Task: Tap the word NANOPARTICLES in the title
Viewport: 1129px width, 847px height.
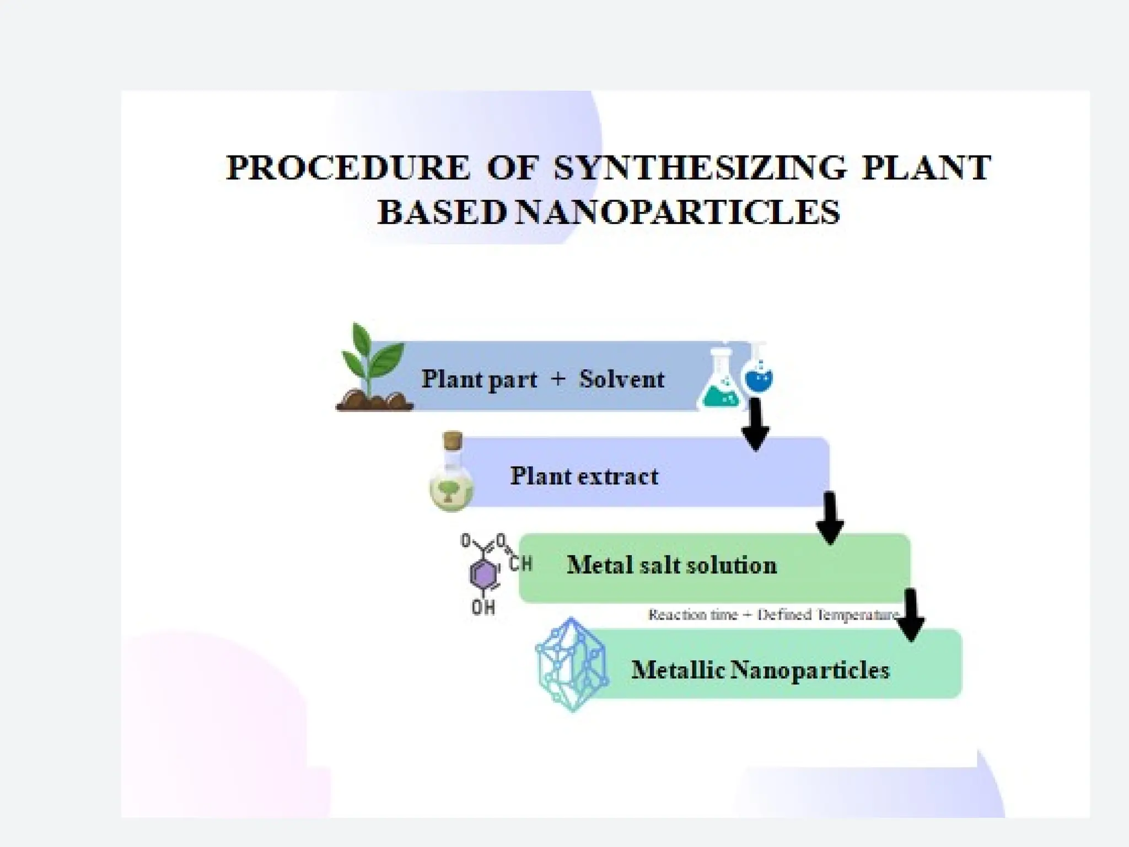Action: click(678, 212)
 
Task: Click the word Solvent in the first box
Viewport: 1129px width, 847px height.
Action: click(622, 379)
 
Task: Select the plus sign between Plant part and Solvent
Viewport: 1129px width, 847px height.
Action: click(558, 379)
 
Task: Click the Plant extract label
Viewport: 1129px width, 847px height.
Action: click(584, 476)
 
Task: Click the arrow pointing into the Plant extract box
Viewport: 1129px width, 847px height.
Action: click(755, 425)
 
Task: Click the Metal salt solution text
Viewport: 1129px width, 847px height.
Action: click(671, 565)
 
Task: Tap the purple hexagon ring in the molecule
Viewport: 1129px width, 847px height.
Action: click(483, 575)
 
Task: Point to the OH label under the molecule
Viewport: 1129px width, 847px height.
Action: click(483, 608)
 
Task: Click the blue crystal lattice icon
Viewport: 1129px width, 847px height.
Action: click(572, 664)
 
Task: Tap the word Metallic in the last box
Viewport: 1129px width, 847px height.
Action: click(678, 671)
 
